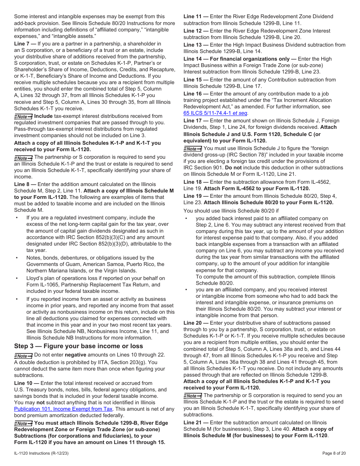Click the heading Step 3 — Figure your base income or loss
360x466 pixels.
(78, 346)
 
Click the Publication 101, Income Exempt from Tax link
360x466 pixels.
(63, 409)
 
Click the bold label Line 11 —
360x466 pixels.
(196, 17)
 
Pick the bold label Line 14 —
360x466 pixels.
(196, 59)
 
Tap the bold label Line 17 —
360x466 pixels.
(196, 121)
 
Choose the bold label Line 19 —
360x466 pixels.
(196, 196)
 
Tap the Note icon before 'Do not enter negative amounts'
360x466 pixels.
(23, 355)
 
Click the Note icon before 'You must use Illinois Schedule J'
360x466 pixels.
(193, 149)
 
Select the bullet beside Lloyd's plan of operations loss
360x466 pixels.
(17, 278)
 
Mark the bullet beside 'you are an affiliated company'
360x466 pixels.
(186, 289)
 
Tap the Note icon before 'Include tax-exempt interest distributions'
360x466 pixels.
(23, 116)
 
